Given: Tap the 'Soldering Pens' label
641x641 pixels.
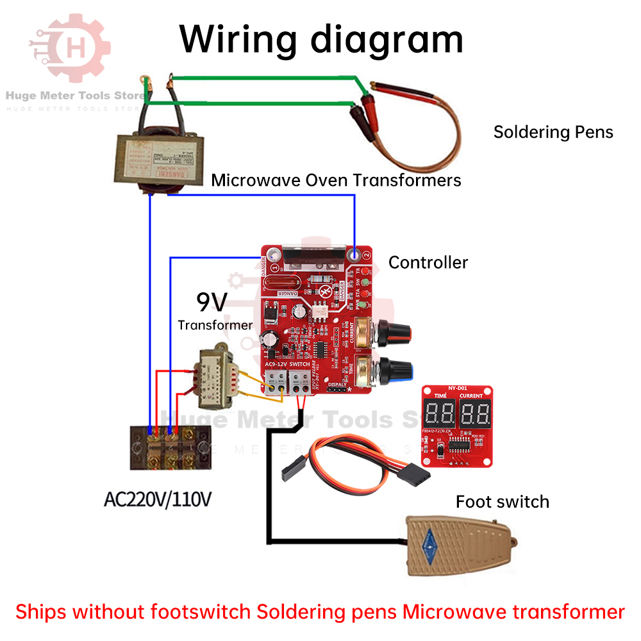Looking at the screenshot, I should point(553,132).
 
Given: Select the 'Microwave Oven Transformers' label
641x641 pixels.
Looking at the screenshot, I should point(336,180).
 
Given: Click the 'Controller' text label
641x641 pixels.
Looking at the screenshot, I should point(428,262).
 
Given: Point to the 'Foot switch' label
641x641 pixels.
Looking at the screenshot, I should point(502,501).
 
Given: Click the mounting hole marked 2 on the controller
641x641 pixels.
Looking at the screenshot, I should point(354,254).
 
